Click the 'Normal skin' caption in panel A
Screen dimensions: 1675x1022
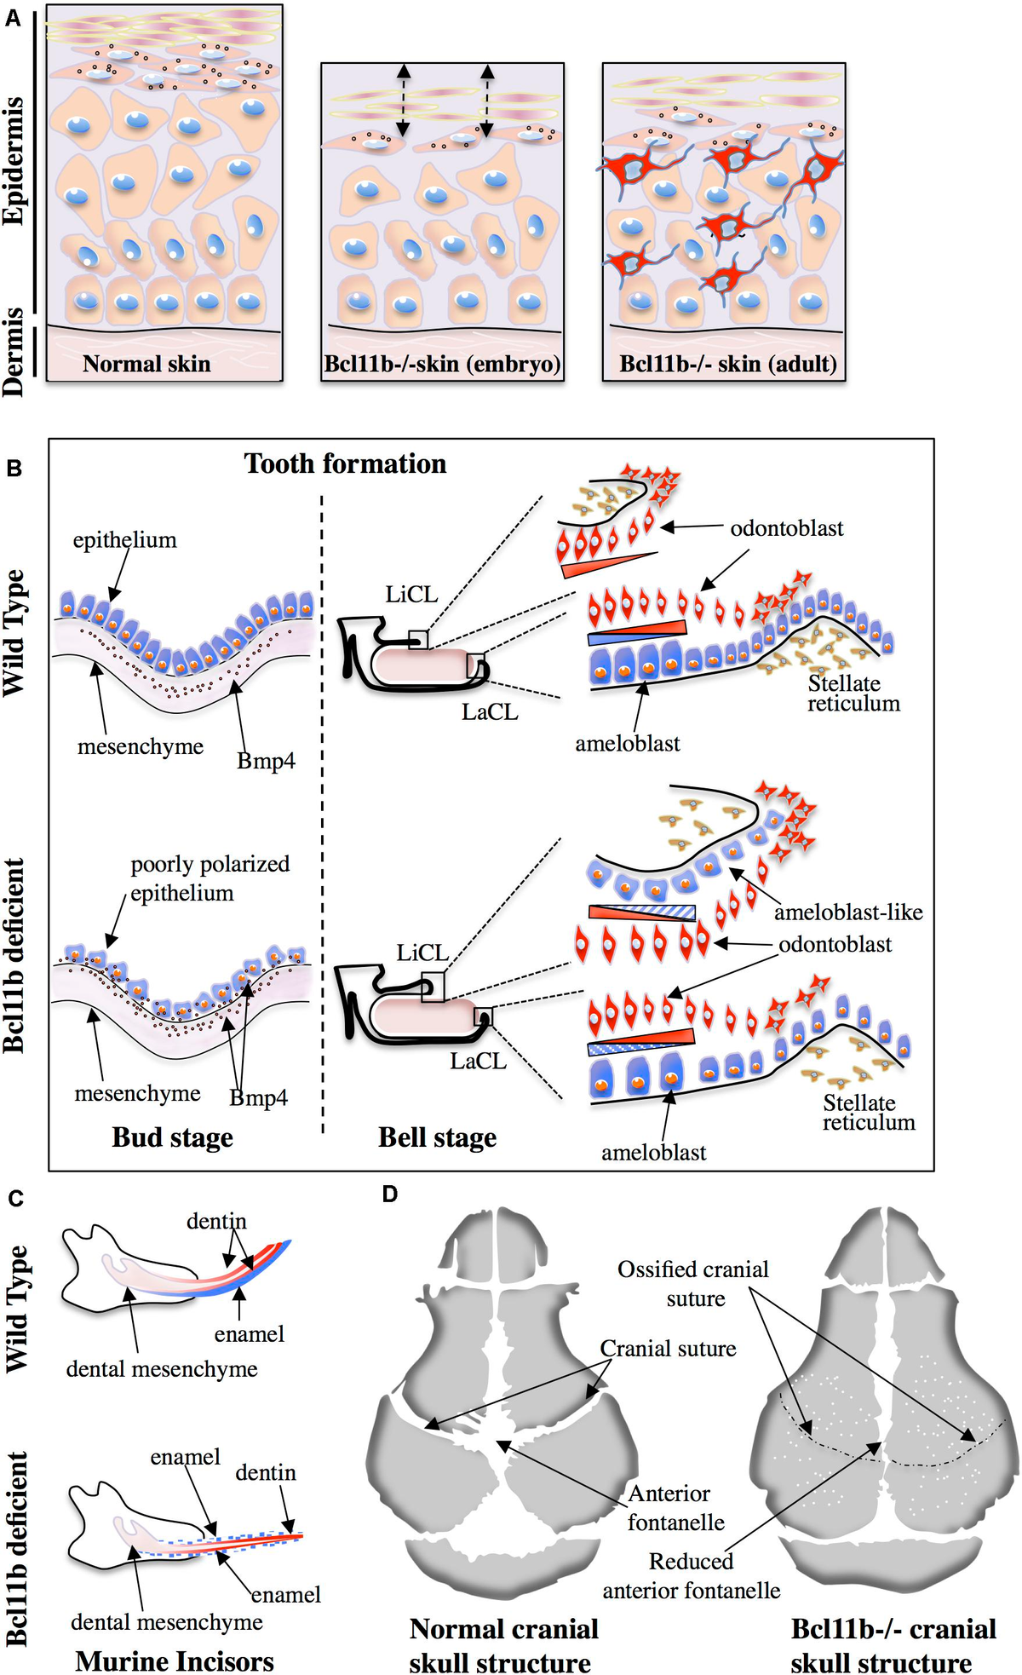(146, 365)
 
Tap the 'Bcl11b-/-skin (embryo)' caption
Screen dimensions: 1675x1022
(442, 365)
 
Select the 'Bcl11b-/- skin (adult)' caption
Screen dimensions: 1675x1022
(727, 365)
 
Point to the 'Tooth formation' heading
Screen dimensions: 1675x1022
(345, 463)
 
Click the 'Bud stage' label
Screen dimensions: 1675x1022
(172, 1138)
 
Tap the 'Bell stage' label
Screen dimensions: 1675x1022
(437, 1138)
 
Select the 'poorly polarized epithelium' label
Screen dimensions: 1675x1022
(209, 878)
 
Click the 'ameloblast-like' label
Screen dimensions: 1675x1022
(847, 912)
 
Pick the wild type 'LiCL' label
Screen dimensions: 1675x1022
(411, 595)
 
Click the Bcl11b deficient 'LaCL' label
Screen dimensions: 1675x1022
(478, 1062)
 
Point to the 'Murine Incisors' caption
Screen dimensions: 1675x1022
(175, 1661)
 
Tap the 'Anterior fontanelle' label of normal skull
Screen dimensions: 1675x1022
(675, 1507)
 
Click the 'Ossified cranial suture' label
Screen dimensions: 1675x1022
(693, 1283)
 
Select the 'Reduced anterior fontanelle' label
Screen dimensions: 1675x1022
(691, 1575)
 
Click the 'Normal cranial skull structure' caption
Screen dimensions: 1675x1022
(502, 1645)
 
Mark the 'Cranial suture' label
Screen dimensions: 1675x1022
(668, 1349)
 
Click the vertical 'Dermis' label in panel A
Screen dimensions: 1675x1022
(13, 352)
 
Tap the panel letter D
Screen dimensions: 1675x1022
(389, 1194)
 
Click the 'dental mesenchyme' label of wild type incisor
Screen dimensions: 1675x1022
(162, 1369)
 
